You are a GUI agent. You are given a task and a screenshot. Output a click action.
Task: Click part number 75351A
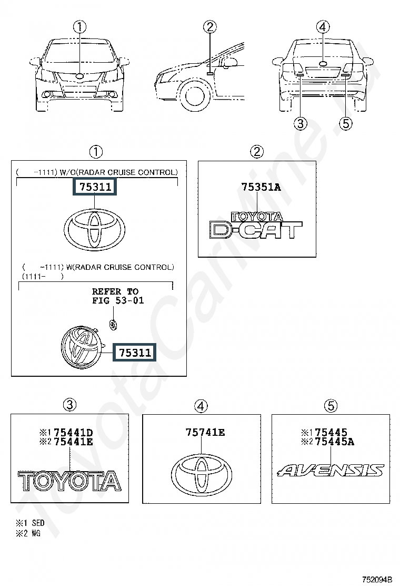pyautogui.click(x=261, y=187)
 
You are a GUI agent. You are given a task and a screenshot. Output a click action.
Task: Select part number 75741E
pyautogui.click(x=205, y=433)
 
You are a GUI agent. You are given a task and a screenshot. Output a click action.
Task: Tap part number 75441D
pyautogui.click(x=74, y=433)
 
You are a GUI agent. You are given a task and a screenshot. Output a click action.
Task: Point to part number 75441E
pyautogui.click(x=74, y=442)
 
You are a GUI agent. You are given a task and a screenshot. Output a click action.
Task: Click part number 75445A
pyautogui.click(x=334, y=442)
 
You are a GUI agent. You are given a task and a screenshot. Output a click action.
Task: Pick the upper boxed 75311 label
pyautogui.click(x=94, y=186)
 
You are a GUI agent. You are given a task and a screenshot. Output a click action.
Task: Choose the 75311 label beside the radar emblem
pyautogui.click(x=134, y=352)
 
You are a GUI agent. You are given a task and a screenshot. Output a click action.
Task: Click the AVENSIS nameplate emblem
pyautogui.click(x=331, y=471)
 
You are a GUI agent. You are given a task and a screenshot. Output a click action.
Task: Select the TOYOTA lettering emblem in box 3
pyautogui.click(x=70, y=481)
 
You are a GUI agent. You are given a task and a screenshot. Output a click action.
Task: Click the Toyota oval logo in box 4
pyautogui.click(x=202, y=475)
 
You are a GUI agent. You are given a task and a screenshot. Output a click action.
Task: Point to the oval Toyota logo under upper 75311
pyautogui.click(x=94, y=229)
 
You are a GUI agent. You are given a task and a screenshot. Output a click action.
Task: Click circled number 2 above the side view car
pyautogui.click(x=209, y=27)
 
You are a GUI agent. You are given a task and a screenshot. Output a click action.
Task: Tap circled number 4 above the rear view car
pyautogui.click(x=323, y=27)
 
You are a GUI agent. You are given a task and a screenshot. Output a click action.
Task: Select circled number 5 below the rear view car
pyautogui.click(x=345, y=123)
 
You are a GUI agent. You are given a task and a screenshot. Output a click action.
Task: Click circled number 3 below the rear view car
pyautogui.click(x=301, y=123)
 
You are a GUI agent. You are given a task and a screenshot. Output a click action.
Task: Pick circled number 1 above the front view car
pyautogui.click(x=79, y=27)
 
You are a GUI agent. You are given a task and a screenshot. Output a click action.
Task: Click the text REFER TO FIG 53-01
pyautogui.click(x=118, y=296)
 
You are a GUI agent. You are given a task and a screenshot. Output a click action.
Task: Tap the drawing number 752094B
pyautogui.click(x=377, y=580)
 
